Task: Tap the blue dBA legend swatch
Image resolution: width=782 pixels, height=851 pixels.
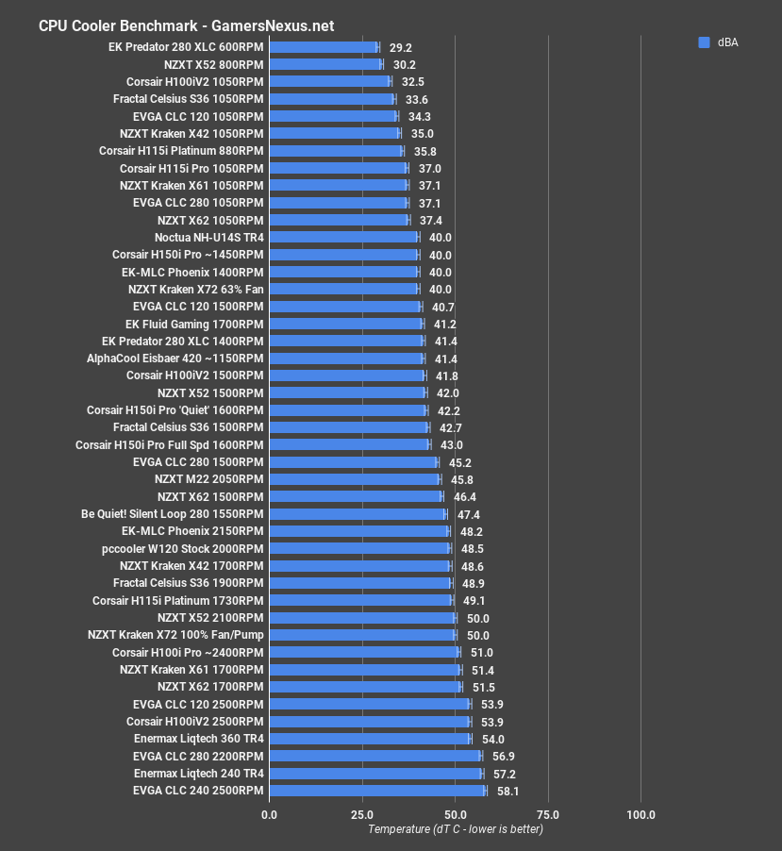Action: pyautogui.click(x=703, y=42)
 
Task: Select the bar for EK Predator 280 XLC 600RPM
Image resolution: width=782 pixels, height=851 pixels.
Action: pyautogui.click(x=324, y=47)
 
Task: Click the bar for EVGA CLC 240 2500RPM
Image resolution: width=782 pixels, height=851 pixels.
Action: pyautogui.click(x=377, y=791)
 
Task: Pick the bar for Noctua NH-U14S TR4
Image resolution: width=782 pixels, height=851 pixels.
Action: pyautogui.click(x=343, y=238)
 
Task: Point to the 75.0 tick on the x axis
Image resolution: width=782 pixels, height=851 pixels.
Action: pyautogui.click(x=548, y=814)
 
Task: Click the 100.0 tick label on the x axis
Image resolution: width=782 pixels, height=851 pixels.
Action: pyautogui.click(x=641, y=814)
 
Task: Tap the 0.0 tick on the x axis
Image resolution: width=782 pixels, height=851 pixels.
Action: pyautogui.click(x=270, y=814)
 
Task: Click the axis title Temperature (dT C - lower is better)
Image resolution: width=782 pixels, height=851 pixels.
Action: pyautogui.click(x=456, y=829)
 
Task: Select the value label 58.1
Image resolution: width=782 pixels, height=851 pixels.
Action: pyautogui.click(x=507, y=791)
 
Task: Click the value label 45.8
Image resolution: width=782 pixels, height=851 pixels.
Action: pyautogui.click(x=461, y=479)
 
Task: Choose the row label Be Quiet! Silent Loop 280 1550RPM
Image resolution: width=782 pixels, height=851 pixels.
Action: pyautogui.click(x=173, y=514)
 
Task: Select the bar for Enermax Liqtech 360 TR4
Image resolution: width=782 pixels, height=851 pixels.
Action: pyautogui.click(x=370, y=739)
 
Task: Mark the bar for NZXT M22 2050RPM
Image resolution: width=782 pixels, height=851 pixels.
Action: pyautogui.click(x=355, y=479)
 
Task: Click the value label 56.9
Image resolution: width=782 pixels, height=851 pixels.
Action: pyautogui.click(x=503, y=756)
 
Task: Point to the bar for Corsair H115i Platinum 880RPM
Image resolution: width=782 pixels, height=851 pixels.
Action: pyautogui.click(x=336, y=151)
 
